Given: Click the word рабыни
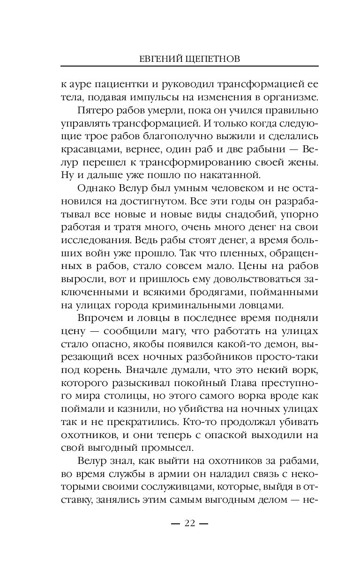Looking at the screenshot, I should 258,151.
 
